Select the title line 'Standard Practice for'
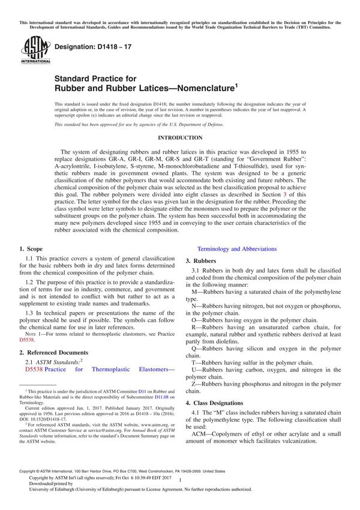(x=95, y=78)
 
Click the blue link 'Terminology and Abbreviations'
(x=237, y=248)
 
